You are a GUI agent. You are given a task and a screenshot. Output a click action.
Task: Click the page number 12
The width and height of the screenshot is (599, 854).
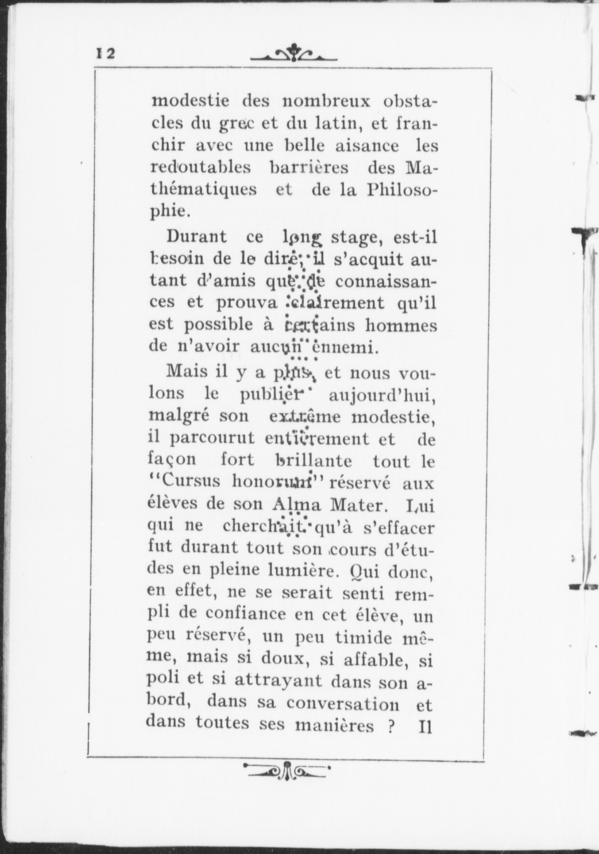pos(106,53)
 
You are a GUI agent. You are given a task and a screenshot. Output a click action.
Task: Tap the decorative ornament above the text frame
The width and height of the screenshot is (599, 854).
pos(294,53)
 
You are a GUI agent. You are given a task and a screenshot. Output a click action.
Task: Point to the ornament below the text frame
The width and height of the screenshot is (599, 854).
pos(287,771)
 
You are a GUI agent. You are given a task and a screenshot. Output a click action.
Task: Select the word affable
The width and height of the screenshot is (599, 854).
pos(372,660)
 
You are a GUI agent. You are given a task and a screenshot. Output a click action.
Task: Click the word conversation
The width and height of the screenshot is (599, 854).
pos(343,704)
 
